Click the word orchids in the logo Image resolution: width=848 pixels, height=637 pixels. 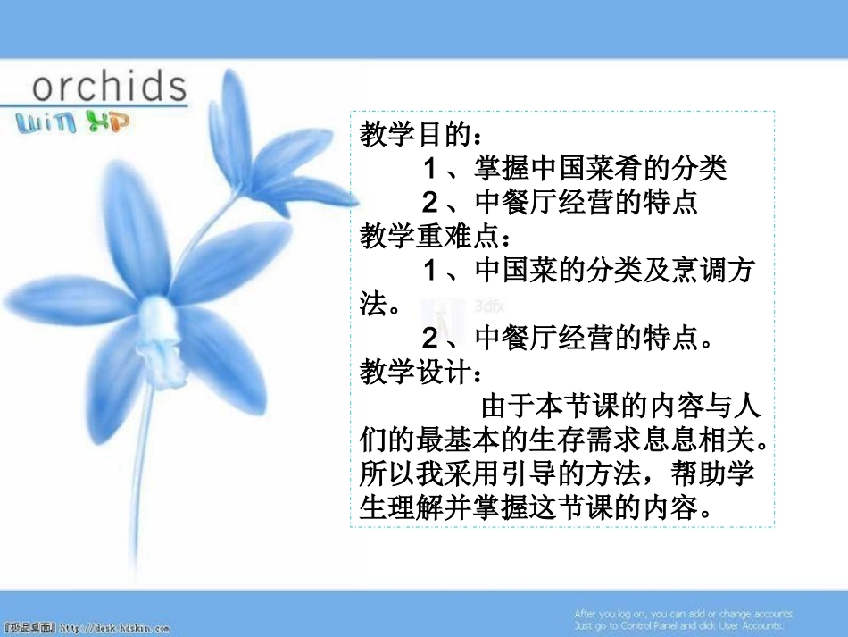click(109, 87)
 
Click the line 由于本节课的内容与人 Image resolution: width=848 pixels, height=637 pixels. click(621, 407)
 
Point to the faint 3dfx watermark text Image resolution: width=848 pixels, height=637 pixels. click(490, 304)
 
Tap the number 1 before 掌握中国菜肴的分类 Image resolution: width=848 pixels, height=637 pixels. click(429, 169)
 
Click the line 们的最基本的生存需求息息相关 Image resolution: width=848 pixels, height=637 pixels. click(562, 440)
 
